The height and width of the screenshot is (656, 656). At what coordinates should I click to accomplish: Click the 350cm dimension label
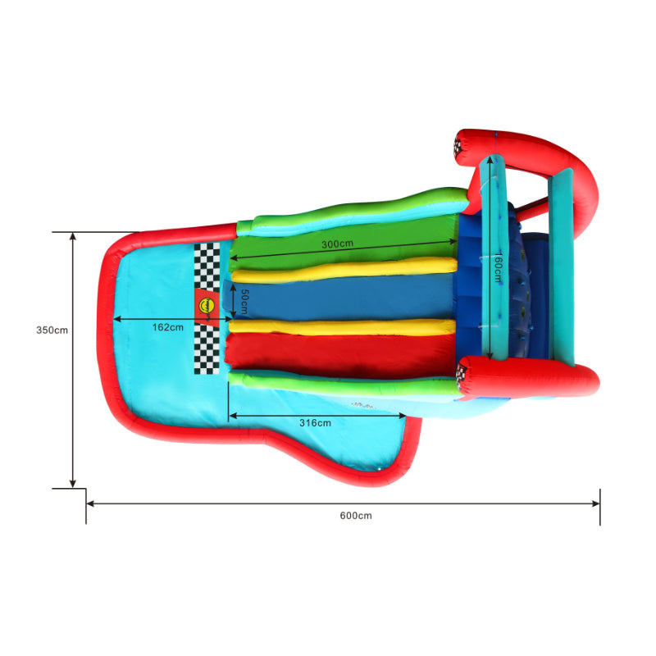[52, 330]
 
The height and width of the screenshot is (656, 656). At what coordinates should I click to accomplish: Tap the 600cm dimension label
[356, 516]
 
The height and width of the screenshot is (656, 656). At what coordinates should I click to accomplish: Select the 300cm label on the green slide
[337, 244]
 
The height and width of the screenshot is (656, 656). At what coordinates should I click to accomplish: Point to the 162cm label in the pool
[168, 327]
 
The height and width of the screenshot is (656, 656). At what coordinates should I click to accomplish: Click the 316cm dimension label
[315, 423]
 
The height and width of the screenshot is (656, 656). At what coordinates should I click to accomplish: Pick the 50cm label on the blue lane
[244, 302]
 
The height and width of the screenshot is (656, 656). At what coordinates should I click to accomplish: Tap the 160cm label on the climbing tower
[499, 267]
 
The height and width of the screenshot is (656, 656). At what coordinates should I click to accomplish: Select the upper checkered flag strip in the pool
[207, 266]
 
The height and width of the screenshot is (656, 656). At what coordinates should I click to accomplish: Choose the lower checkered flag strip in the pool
[207, 349]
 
